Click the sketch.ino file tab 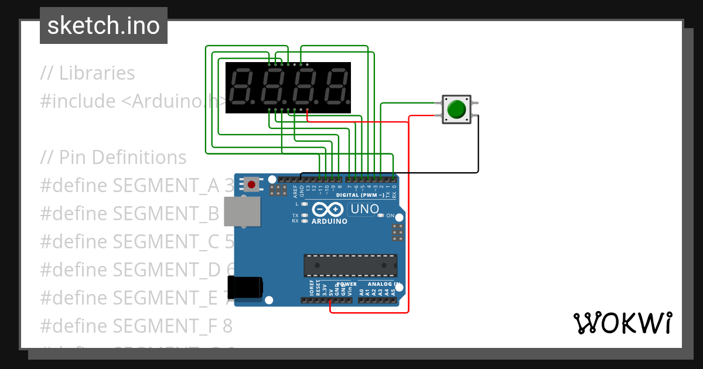(x=103, y=26)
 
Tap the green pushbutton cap (x=456, y=110)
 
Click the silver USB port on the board (x=242, y=211)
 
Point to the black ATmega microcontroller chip (x=350, y=265)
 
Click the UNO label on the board (x=364, y=209)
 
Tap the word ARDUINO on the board (x=329, y=221)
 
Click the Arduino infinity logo (x=329, y=210)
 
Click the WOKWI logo (x=622, y=323)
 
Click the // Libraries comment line (x=87, y=73)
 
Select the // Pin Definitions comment (x=113, y=158)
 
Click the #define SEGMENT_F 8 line (x=136, y=325)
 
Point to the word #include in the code (x=78, y=101)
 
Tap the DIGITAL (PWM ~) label (x=360, y=194)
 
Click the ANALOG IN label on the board (x=384, y=284)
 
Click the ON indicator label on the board (x=390, y=216)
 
